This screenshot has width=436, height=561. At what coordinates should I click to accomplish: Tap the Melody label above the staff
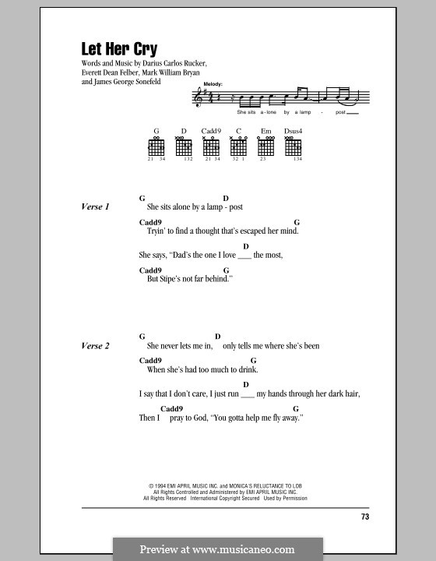212,83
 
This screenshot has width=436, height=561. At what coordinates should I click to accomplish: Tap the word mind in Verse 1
288,231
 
